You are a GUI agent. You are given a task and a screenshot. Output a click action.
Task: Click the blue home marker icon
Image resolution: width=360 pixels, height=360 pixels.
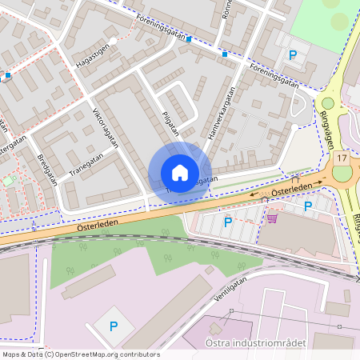pos(179,172)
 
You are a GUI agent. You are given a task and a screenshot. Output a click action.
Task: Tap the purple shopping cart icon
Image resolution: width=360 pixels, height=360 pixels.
pos(272,217)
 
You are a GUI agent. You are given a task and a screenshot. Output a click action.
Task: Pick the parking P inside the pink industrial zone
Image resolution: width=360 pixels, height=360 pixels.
pos(113,326)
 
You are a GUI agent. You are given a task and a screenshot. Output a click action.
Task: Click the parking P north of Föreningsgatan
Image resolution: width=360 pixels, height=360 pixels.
pos(293,55)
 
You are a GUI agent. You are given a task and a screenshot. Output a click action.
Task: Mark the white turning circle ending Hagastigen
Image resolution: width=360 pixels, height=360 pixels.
pos(114,41)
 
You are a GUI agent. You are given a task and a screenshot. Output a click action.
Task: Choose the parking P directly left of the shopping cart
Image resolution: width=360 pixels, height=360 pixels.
pos(228,222)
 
